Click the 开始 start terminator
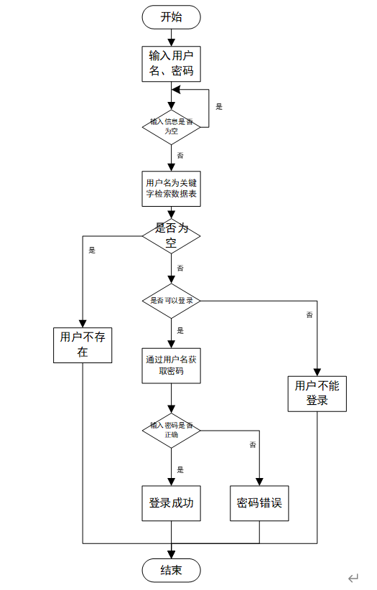pos(171,17)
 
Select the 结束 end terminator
pos(171,570)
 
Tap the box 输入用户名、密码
pos(171,64)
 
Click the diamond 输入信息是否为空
pos(171,127)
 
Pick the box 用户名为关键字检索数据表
pos(171,189)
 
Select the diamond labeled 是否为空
pos(171,236)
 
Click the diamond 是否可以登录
pos(171,301)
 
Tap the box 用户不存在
pos(83,345)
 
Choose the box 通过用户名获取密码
pos(171,366)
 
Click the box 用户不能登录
pos(317,393)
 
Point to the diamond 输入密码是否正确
pos(171,431)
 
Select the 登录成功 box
pos(171,503)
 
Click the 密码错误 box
pos(259,503)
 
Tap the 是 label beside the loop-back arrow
pos(219,107)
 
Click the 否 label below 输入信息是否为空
pos(180,156)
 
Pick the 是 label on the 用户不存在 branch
pos(92,250)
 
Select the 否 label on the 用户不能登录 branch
pos(309,314)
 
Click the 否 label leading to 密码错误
pos(253,445)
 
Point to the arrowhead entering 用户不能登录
pos(317,373)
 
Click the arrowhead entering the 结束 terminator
pos(171,555)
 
